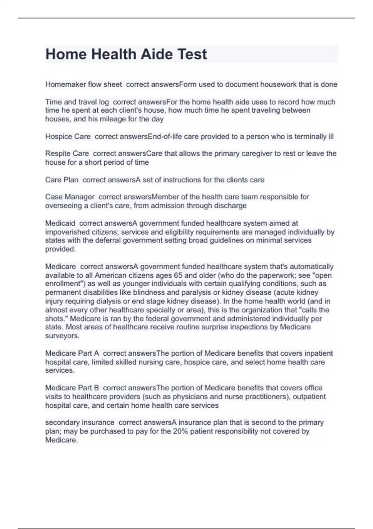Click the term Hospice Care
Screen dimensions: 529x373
68,137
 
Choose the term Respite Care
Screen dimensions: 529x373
67,154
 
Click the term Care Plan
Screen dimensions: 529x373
62,180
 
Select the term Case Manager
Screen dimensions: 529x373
70,197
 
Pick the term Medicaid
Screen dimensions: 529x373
60,223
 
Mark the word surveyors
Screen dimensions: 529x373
62,336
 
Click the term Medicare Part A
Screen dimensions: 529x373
72,353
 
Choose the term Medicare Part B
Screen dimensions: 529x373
72,388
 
